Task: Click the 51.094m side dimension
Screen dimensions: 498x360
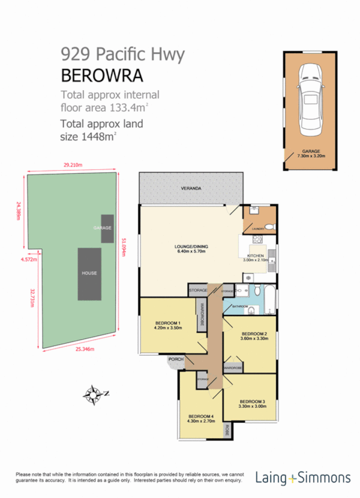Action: click(122, 247)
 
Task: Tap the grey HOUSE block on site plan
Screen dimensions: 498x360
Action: click(89, 273)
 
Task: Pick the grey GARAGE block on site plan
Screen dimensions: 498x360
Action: click(107, 228)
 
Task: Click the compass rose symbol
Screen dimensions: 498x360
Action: click(92, 394)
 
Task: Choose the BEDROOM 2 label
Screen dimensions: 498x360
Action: click(255, 336)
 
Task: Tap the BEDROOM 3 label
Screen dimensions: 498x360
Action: click(252, 403)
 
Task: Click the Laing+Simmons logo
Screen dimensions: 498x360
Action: click(303, 477)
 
